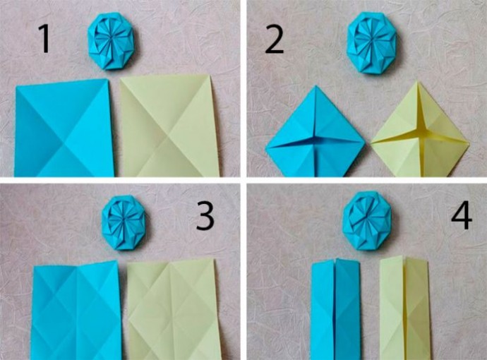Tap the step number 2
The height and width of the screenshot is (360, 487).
[275, 40]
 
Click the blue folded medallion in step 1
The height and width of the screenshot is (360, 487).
[111, 41]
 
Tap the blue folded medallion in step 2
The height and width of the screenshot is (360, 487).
[371, 43]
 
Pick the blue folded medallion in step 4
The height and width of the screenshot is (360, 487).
[367, 220]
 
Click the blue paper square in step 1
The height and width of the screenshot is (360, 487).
[64, 128]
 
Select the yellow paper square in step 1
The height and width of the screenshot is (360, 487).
[169, 126]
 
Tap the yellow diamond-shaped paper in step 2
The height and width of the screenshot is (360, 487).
[419, 130]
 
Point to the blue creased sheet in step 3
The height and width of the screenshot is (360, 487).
[77, 310]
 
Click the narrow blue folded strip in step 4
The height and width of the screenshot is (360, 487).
[336, 308]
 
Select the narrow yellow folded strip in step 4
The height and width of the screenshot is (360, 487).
[404, 308]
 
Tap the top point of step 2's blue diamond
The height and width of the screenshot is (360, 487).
[315, 85]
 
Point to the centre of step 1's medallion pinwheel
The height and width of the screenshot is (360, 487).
[111, 38]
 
